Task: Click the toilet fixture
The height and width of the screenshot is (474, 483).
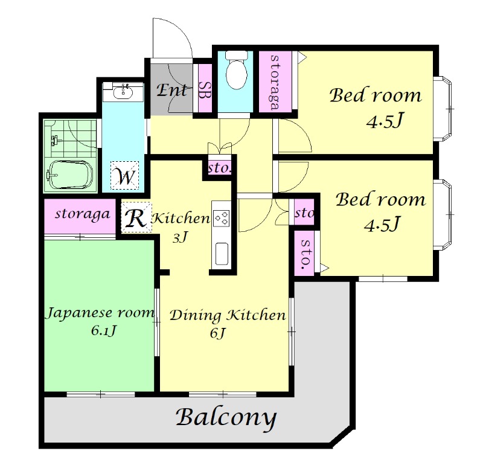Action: click(x=236, y=69)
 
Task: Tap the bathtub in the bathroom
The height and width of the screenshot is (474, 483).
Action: click(x=70, y=174)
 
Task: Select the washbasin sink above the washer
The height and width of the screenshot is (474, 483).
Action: click(x=123, y=92)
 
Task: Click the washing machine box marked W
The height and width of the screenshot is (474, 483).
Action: click(x=124, y=176)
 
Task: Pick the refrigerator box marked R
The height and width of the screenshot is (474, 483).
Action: click(x=136, y=217)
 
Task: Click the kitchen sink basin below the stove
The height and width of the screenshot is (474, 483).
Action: click(x=222, y=254)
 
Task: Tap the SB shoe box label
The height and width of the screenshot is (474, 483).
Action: click(x=203, y=90)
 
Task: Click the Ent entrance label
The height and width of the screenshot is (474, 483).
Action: click(x=171, y=90)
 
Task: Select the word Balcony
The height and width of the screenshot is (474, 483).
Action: click(x=226, y=418)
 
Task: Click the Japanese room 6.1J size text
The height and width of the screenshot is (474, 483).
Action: click(x=103, y=330)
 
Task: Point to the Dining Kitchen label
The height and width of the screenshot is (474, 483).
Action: click(x=228, y=315)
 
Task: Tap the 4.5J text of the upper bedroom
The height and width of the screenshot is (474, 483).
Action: click(x=385, y=120)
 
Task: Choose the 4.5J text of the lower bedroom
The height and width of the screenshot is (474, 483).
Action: click(x=382, y=224)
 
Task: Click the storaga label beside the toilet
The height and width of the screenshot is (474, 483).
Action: click(x=275, y=82)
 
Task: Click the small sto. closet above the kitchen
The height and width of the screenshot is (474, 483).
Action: click(x=220, y=168)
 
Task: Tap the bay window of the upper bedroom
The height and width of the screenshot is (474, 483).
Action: click(x=443, y=109)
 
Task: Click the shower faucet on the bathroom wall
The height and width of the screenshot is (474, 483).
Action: click(x=56, y=140)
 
